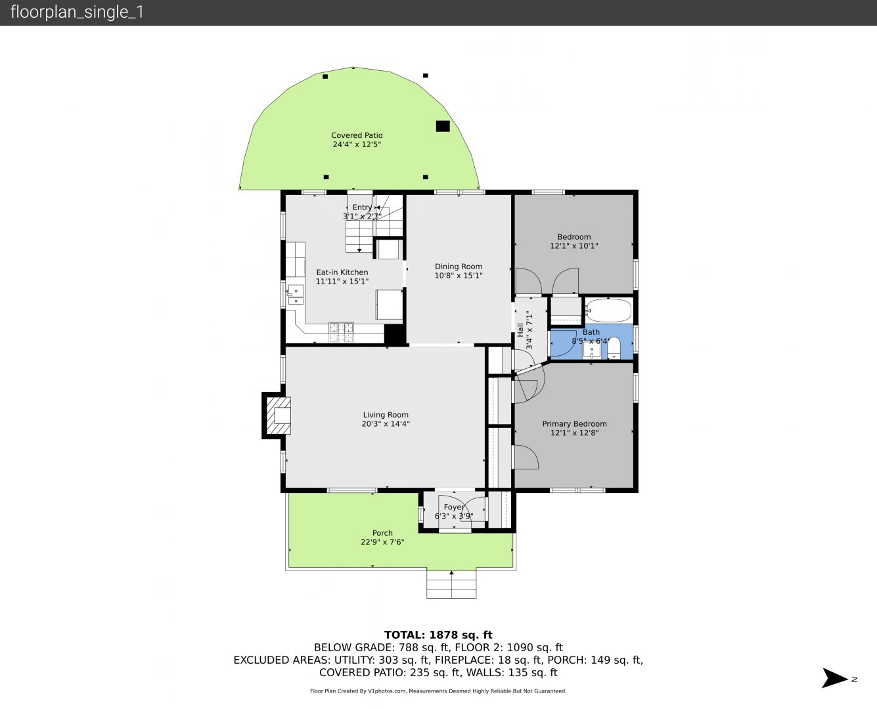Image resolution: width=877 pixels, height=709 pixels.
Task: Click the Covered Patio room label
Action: [357, 135]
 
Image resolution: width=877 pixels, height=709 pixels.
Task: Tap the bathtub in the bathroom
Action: [608, 311]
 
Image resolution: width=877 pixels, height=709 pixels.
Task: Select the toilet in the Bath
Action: [614, 348]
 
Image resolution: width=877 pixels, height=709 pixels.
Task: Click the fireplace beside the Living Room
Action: [277, 415]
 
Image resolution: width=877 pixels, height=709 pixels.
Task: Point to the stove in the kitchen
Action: [341, 332]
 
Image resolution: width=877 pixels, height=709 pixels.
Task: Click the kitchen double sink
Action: [295, 295]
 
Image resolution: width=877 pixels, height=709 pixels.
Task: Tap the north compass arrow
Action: [834, 678]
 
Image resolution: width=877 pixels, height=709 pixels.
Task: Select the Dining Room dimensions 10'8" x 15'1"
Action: [459, 276]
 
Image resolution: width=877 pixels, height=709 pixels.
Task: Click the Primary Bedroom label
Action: [574, 424]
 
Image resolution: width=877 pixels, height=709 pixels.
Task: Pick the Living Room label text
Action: [386, 415]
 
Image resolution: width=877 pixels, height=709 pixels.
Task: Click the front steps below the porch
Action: [451, 584]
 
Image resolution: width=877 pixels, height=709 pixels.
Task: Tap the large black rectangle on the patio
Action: [443, 126]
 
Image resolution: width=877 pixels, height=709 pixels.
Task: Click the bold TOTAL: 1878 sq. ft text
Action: [438, 635]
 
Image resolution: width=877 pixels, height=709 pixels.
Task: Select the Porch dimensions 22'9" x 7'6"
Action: [382, 542]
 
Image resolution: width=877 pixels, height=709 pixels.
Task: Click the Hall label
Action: [520, 330]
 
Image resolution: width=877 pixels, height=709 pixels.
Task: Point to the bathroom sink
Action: [592, 351]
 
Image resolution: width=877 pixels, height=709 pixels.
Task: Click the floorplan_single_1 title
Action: [77, 12]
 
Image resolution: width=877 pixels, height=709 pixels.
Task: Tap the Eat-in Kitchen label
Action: [342, 272]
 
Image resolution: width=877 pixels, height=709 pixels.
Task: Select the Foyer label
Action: [454, 507]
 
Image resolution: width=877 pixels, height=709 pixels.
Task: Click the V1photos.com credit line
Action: [438, 691]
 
